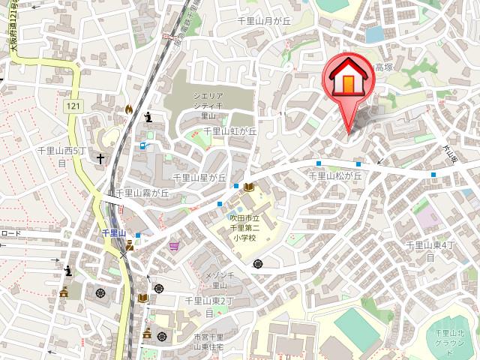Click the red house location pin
[348, 82]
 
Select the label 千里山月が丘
[263, 22]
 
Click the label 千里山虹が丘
[230, 130]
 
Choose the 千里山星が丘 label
[199, 178]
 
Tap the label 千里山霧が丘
[142, 193]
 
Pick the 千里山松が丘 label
[335, 175]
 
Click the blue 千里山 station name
[113, 233]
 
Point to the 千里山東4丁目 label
[430, 250]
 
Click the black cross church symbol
[98, 159]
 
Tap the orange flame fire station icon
[129, 109]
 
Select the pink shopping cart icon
[174, 245]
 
